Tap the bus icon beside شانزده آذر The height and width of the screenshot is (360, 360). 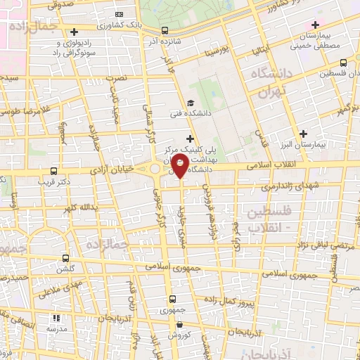[164, 31]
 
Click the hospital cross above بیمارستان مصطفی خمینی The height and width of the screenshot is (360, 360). [316, 25]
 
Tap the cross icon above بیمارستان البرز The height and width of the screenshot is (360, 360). [304, 133]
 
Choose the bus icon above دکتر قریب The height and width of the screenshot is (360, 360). [54, 171]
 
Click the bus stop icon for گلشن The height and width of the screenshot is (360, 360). [65, 258]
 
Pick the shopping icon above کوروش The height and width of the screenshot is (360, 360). [181, 325]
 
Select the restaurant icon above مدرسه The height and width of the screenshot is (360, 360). [59, 318]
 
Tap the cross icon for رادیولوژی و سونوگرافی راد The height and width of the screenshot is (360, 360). [74, 32]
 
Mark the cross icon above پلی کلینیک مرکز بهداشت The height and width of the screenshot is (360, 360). [189, 140]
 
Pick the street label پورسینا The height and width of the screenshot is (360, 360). [214, 52]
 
